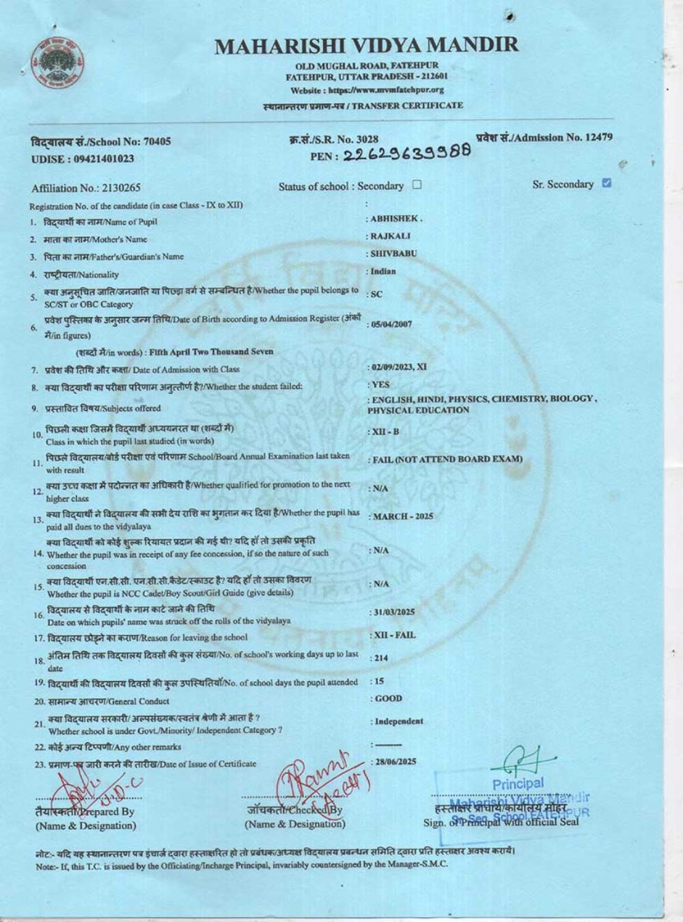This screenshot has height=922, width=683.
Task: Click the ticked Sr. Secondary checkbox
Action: pos(607,183)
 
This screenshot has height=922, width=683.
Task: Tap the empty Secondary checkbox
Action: pos(417,185)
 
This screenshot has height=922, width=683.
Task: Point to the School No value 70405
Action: pos(156,142)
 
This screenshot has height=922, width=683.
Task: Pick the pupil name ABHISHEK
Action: pos(396,219)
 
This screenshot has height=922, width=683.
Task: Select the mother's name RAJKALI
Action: pos(391,236)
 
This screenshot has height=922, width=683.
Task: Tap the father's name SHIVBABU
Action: pos(393,253)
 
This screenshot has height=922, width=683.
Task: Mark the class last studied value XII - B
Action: pos(385,432)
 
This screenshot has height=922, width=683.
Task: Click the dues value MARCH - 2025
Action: pos(403,516)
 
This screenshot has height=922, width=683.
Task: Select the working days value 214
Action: pos(380,658)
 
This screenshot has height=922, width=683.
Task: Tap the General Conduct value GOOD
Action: pos(389,699)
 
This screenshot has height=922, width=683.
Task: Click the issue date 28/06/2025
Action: pos(395,762)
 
